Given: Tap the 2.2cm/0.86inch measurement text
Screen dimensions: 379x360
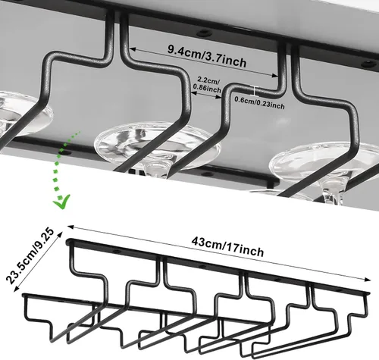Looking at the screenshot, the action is pos(207,85).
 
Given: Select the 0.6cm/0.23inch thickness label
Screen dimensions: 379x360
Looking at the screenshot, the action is pos(259,102).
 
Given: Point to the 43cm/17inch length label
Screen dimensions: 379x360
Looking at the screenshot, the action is pos(227,246).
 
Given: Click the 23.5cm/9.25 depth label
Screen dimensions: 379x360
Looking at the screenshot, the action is pos(30,255).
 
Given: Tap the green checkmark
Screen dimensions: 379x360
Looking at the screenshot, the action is pos(61,202).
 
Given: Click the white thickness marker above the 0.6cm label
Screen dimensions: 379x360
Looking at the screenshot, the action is pos(255,91).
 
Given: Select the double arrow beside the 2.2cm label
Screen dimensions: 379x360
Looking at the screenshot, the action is pos(206,95).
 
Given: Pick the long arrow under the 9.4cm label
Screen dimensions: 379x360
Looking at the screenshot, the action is pos(204,61).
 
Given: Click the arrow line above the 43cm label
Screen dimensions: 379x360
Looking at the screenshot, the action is pos(219,252).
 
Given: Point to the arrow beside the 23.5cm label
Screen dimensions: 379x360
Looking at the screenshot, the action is pos(39,262).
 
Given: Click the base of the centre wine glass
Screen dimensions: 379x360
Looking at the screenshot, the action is pos(157,146).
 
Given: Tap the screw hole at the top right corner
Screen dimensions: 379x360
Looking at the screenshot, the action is pos(368,64).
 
